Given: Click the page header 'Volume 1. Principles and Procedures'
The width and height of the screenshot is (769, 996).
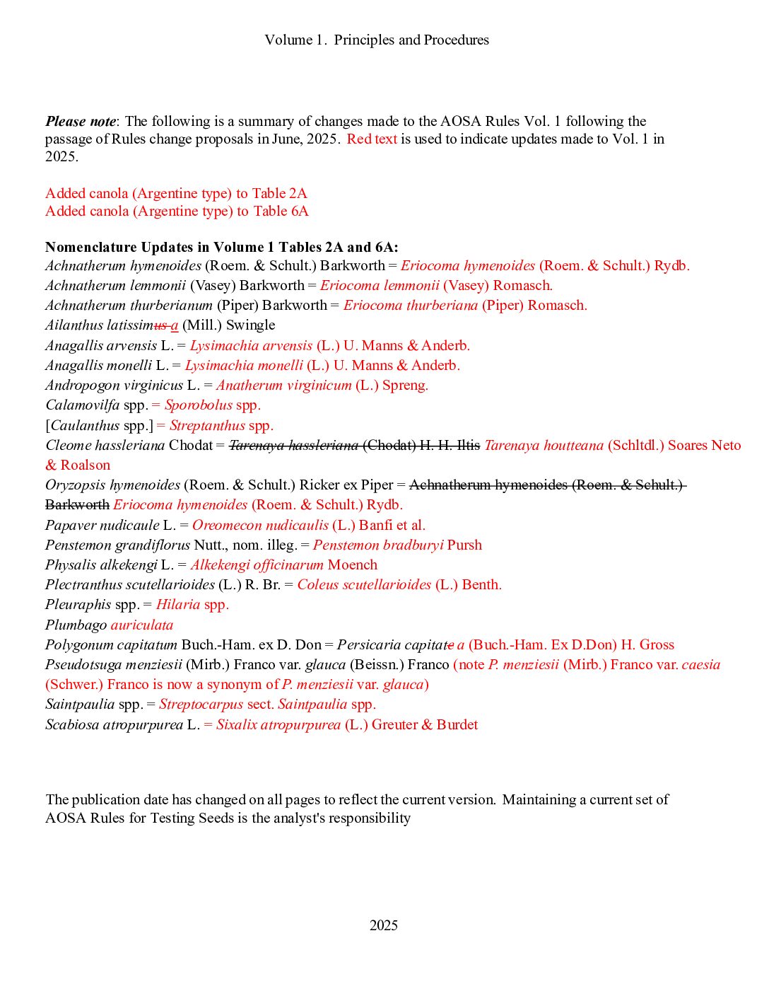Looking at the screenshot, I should pyautogui.click(x=377, y=40).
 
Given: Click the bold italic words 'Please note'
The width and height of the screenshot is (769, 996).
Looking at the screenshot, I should pyautogui.click(x=81, y=121).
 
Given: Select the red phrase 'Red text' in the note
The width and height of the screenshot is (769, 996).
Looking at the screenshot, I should pyautogui.click(x=372, y=139).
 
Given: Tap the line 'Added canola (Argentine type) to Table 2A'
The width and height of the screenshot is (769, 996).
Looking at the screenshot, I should pyautogui.click(x=176, y=193).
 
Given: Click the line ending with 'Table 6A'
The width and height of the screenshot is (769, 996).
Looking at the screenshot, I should pyautogui.click(x=177, y=211).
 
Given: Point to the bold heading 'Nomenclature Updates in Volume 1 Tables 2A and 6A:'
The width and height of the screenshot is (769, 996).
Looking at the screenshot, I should pyautogui.click(x=222, y=247).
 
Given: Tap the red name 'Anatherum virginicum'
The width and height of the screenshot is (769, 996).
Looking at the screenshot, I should pyautogui.click(x=284, y=385).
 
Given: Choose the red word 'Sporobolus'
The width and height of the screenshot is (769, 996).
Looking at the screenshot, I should pyautogui.click(x=199, y=405).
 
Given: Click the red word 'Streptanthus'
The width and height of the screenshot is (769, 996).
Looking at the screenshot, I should pyautogui.click(x=207, y=425).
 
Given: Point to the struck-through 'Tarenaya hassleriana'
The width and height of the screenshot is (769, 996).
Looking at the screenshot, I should pyautogui.click(x=294, y=445).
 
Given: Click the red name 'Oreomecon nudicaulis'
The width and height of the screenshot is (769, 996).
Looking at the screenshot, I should pyautogui.click(x=260, y=525).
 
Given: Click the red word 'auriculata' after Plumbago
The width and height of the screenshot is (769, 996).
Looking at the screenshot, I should pyautogui.click(x=142, y=625).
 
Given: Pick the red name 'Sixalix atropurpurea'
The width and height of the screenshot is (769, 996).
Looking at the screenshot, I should pyautogui.click(x=278, y=724).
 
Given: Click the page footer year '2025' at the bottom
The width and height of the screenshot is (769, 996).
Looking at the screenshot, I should pyautogui.click(x=384, y=925).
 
